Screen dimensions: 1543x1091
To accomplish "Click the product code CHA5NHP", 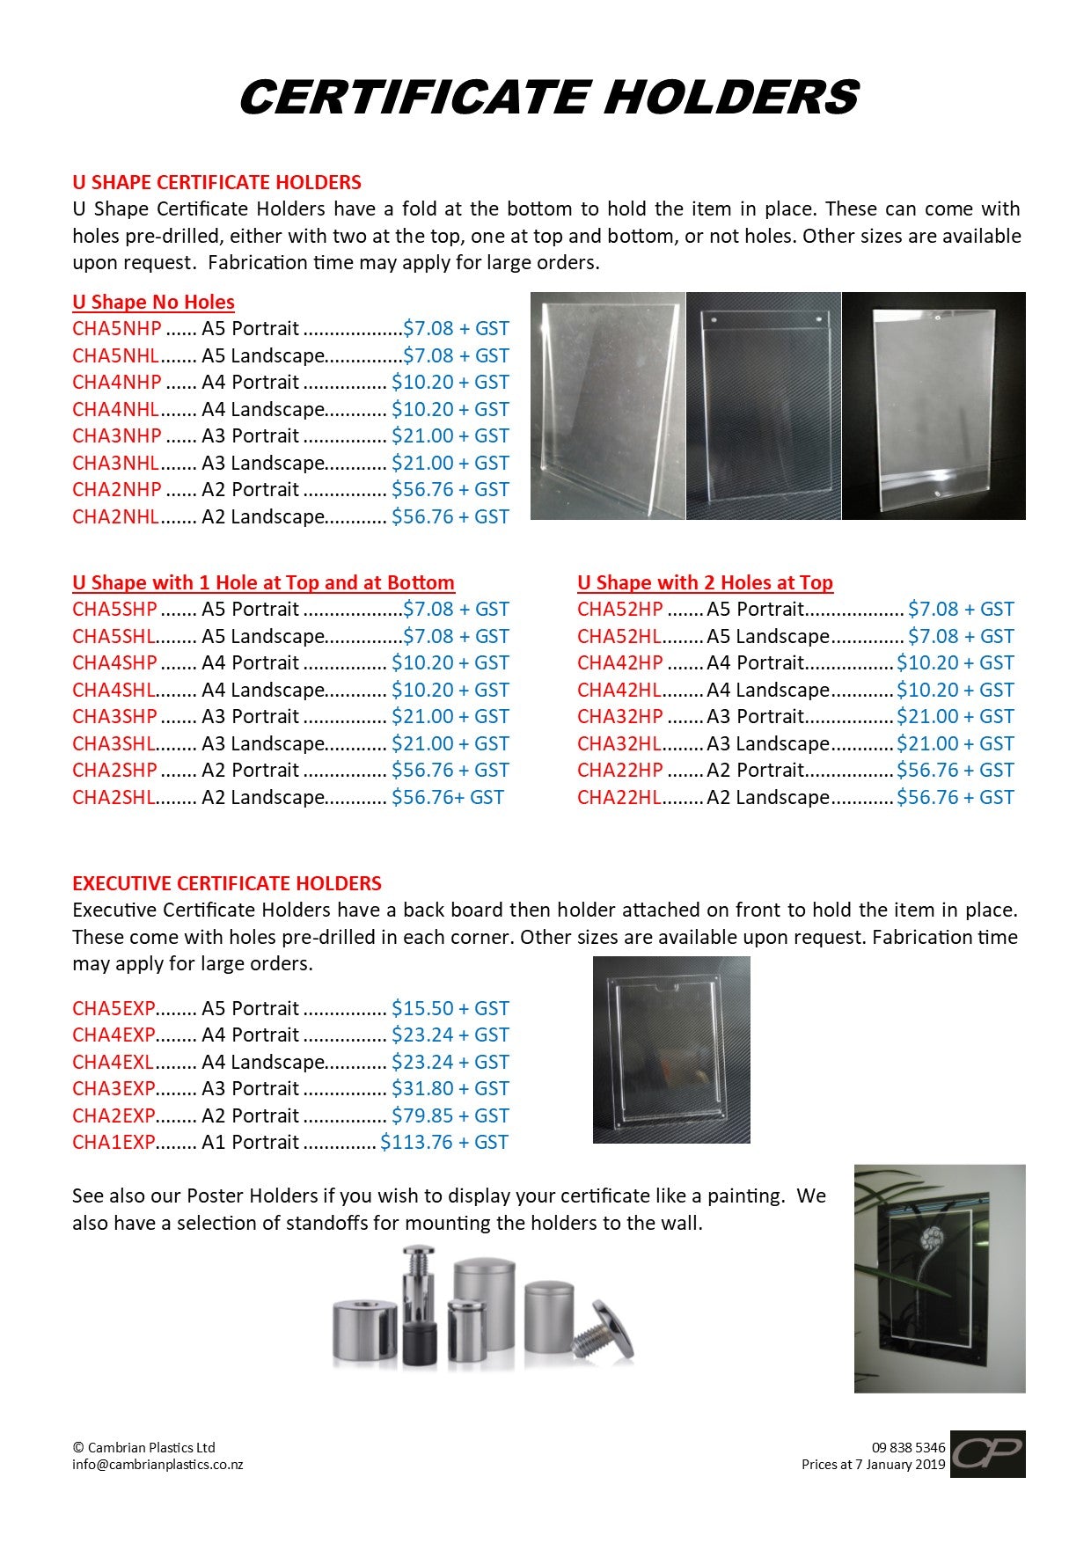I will tap(117, 329).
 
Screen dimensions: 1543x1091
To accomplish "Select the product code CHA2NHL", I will tap(116, 516).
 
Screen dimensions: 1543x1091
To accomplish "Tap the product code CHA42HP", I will tap(620, 662).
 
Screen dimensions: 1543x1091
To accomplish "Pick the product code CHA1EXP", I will tap(113, 1142).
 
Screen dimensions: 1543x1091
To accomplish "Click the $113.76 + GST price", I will tap(444, 1142).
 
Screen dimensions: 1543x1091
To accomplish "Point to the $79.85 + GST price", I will tap(450, 1115).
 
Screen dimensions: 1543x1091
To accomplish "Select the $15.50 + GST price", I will tap(450, 1008).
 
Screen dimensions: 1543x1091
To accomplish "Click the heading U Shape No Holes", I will tap(153, 303).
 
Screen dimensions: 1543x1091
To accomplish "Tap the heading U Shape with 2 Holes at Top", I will tap(705, 582).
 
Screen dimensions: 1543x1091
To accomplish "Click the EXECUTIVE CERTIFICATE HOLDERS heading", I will tap(227, 883).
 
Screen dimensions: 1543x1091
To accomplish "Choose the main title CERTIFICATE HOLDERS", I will tap(548, 97).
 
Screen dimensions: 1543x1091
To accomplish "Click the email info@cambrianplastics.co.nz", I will tap(157, 1465).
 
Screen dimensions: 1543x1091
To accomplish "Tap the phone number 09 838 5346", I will tap(908, 1447).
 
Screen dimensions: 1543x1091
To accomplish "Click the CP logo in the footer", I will tap(987, 1453).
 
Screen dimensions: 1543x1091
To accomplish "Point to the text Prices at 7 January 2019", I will tap(873, 1465).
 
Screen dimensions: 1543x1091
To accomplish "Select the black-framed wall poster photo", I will tap(939, 1278).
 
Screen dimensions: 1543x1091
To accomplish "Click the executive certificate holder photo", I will tap(671, 1049).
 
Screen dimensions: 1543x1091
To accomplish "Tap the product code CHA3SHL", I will tap(113, 743).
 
